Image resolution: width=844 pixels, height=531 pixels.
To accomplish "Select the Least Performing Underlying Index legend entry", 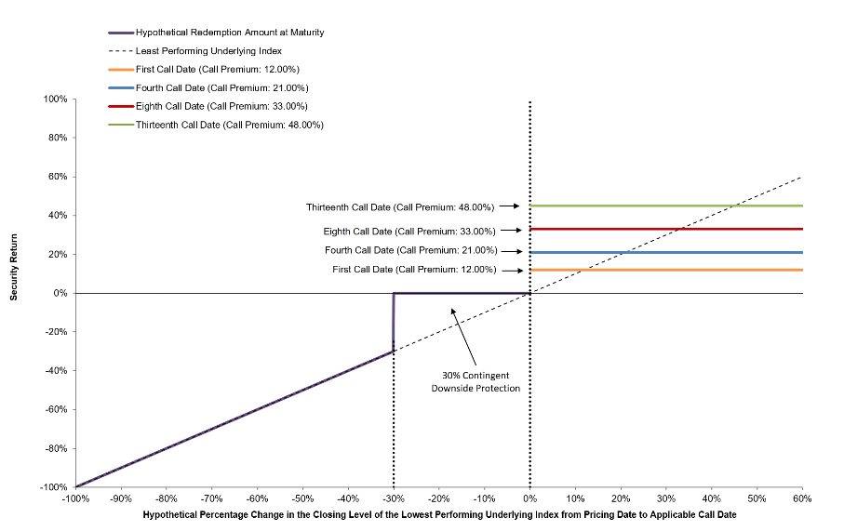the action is point(195,51).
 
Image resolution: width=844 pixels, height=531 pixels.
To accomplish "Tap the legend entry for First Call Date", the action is point(204,70).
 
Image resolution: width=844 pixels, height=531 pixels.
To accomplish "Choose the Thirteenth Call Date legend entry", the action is point(216,125).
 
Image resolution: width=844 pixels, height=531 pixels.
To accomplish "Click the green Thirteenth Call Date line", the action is point(666,206).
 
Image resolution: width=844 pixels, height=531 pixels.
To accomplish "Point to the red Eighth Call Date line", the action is point(666,229).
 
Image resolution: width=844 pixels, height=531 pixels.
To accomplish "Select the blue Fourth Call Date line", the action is point(666,252).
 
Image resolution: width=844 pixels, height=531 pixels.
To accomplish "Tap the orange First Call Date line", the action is point(666,270).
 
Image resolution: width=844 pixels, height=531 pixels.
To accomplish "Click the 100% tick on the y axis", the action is point(56,99).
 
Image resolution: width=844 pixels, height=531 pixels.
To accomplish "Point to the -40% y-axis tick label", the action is point(56,371).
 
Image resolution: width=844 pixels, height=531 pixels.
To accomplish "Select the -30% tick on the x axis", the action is point(394,498).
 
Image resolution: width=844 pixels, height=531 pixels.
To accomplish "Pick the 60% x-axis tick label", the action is point(802,498).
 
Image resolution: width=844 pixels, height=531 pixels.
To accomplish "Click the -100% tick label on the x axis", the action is point(75,498).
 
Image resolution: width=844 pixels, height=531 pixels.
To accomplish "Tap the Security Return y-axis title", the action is point(14,267).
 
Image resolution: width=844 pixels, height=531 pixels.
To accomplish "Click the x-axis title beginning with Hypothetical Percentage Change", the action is point(439,515).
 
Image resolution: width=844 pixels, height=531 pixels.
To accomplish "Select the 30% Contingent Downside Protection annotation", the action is point(476,382).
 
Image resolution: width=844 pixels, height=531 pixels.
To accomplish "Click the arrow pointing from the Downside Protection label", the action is point(463,337).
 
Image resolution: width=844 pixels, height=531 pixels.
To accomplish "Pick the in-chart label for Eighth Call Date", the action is point(409,232).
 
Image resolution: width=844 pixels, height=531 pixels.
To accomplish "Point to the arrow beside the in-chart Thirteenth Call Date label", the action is point(509,206).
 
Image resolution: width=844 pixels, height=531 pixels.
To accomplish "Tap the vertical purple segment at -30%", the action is point(394,322).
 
